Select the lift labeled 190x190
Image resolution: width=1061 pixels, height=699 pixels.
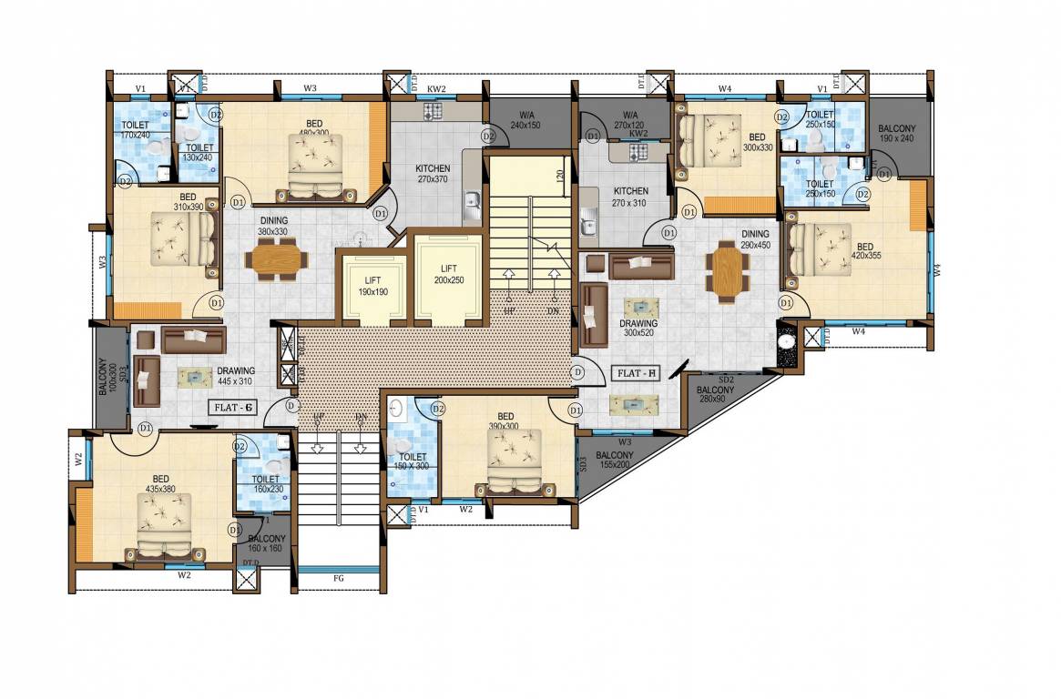373,287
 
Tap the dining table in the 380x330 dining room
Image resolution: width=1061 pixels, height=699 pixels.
276,261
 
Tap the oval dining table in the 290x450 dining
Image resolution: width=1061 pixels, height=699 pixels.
728,271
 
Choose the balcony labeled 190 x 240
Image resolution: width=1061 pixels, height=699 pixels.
897,135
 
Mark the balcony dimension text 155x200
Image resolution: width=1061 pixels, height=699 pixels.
615,464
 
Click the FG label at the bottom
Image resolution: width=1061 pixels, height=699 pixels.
339,577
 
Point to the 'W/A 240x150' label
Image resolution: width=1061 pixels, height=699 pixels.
526,119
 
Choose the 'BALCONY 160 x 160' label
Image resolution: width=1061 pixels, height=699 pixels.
267,543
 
